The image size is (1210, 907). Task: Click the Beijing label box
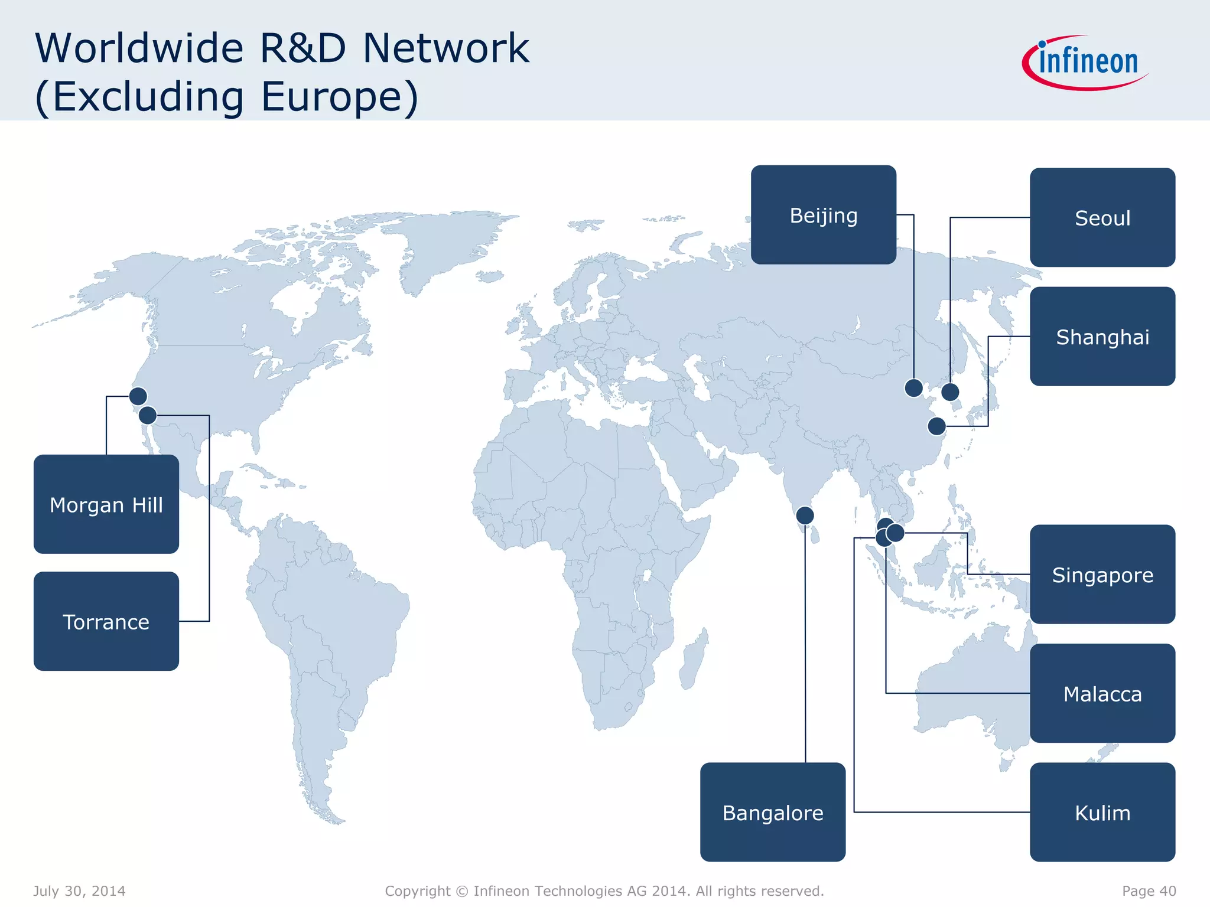coord(823,215)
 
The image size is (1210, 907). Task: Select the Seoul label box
coord(1102,218)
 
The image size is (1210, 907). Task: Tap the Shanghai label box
coord(1102,337)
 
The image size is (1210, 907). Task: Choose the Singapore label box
coord(1102,575)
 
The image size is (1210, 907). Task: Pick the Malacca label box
coord(1102,693)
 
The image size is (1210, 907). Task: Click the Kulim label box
coord(1102,813)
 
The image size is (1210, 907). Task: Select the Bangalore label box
coord(772,813)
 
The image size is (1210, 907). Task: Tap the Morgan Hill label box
coord(106,504)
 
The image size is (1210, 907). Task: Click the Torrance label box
coord(106,621)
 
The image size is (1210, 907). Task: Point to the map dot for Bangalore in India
coord(805,516)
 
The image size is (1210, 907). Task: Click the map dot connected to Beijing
coord(913,388)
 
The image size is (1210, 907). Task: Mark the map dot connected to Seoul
coord(950,391)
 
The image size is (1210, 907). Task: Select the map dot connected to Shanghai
coord(936,426)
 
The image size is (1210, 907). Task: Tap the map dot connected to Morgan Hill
coord(138,396)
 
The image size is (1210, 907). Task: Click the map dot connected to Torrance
coord(148,415)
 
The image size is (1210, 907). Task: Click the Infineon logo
coord(1086,62)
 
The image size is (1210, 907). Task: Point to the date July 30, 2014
coord(79,891)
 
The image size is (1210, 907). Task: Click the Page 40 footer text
coord(1149,891)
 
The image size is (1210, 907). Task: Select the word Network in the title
coord(446,48)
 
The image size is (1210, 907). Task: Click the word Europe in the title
coord(339,97)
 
